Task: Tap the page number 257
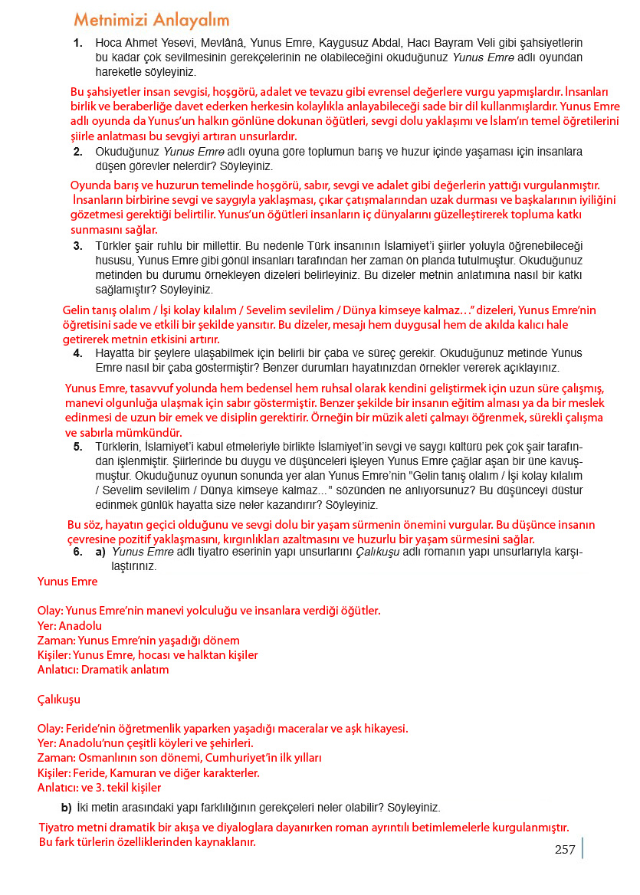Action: point(565,849)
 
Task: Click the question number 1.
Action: point(78,44)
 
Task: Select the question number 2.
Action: point(78,152)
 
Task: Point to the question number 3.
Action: point(78,247)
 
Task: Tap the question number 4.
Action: point(78,353)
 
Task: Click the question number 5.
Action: point(78,447)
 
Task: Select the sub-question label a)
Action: point(100,552)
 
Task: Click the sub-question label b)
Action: point(66,808)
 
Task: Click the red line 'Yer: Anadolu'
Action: point(70,625)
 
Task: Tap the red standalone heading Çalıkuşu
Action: point(59,700)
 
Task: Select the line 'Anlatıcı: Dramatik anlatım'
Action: point(103,669)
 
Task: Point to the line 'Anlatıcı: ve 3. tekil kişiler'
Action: point(100,787)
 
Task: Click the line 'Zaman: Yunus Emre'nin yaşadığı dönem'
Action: point(138,640)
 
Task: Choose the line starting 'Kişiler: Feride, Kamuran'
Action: point(149,772)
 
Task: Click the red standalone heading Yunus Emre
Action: point(67,582)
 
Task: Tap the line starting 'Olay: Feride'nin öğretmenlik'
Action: point(222,728)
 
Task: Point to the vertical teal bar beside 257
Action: point(583,847)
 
